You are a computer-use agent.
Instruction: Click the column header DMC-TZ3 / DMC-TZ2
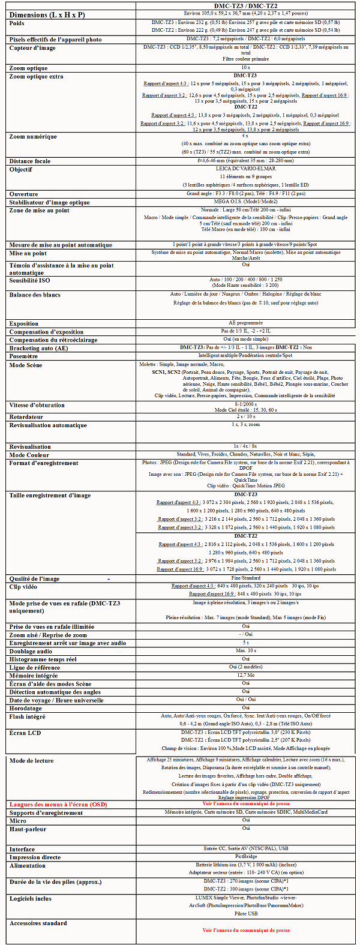pyautogui.click(x=246, y=5)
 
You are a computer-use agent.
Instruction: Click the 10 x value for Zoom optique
pyautogui.click(x=246, y=68)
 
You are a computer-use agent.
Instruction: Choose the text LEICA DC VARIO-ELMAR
pyautogui.click(x=246, y=169)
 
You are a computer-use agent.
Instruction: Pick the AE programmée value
pyautogui.click(x=246, y=323)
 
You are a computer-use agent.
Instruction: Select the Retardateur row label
pyautogui.click(x=26, y=416)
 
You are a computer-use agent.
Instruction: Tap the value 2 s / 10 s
pyautogui.click(x=246, y=416)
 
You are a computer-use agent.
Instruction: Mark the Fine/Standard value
pyautogui.click(x=246, y=578)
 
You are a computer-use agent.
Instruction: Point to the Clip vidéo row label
pyautogui.click(x=23, y=587)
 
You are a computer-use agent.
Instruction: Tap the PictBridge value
pyautogui.click(x=246, y=857)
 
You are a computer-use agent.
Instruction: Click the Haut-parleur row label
pyautogui.click(x=28, y=829)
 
